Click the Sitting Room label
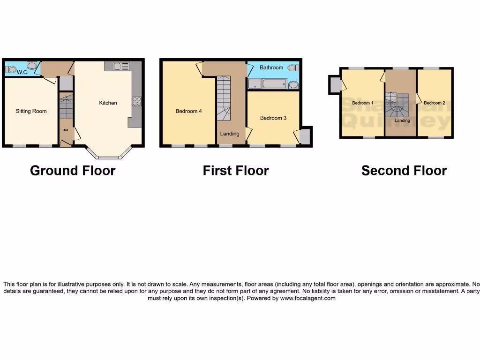tap(31, 111)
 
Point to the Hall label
tap(65, 130)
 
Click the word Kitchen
tap(108, 103)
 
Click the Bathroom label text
tap(271, 67)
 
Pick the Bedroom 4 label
tap(188, 111)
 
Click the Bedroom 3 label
tap(273, 118)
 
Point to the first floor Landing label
tap(230, 134)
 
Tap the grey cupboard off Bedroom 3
tap(305, 136)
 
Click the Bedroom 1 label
tap(362, 103)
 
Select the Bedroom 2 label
tap(434, 103)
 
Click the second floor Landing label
tap(402, 120)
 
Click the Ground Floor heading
tap(73, 171)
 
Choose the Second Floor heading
tap(404, 171)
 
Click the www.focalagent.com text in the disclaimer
tap(308, 298)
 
